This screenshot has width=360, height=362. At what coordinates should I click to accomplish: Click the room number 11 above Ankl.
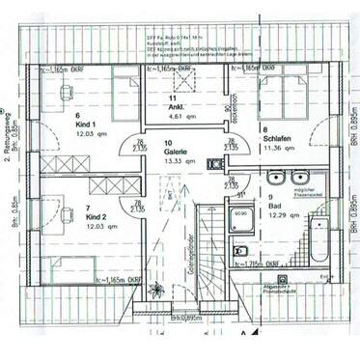click(x=171, y=98)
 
